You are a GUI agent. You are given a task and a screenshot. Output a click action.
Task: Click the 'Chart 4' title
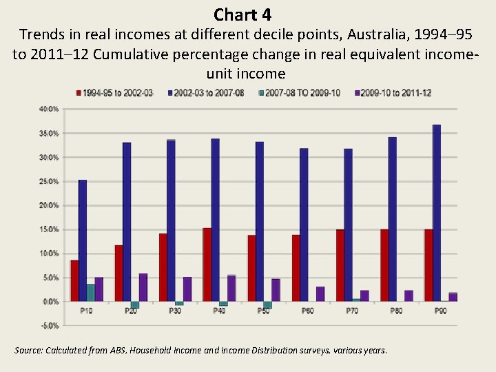click(242, 14)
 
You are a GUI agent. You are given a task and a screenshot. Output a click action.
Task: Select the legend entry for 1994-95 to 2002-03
click(117, 93)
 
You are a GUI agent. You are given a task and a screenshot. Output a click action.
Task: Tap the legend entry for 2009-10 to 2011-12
click(391, 93)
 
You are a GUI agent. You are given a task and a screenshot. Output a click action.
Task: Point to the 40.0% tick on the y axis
click(49, 109)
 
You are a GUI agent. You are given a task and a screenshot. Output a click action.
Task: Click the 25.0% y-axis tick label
click(49, 181)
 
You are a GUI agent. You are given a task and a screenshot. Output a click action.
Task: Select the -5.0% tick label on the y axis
click(49, 325)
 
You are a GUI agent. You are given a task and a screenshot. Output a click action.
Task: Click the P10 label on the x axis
click(86, 311)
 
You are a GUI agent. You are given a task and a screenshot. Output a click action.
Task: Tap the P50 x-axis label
click(263, 311)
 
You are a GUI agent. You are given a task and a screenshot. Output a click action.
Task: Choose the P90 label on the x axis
click(440, 311)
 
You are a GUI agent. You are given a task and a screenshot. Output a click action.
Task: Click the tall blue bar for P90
click(437, 213)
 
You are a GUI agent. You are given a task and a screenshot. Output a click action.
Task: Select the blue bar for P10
click(83, 240)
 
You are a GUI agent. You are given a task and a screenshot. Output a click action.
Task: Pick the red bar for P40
click(207, 265)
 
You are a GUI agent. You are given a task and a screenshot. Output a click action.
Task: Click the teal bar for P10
click(91, 293)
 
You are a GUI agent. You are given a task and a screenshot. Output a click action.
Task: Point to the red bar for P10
click(74, 280)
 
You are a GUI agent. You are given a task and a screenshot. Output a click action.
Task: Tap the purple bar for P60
click(320, 294)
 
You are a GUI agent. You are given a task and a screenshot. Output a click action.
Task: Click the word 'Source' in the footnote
click(28, 351)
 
